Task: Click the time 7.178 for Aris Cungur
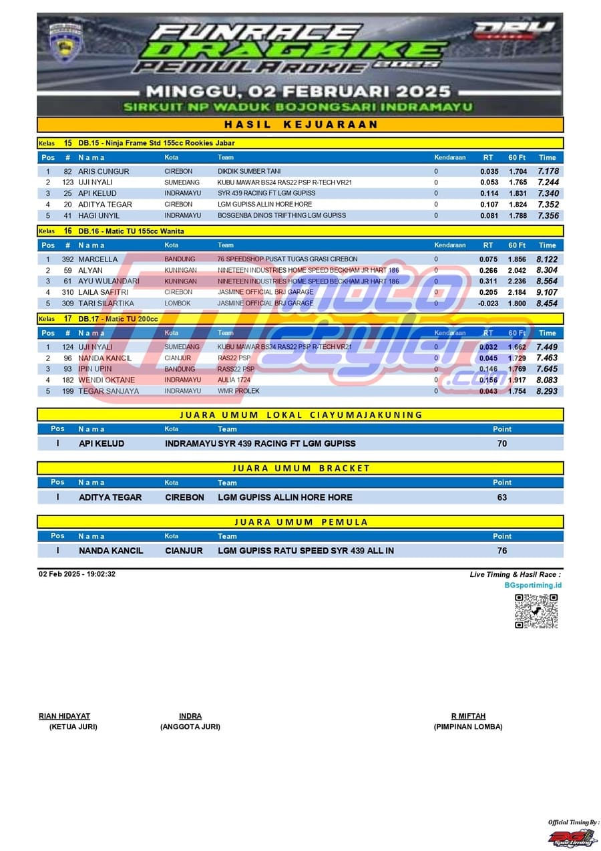[x=548, y=172]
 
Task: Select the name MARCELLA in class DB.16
[x=97, y=259]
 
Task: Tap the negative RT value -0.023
[x=488, y=303]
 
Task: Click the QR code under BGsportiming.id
[x=536, y=611]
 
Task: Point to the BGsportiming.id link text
[x=533, y=586]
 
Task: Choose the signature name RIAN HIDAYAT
[x=64, y=716]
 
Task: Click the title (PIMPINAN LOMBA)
[x=467, y=727]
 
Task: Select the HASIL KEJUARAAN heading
[x=300, y=124]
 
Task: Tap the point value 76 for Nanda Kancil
[x=502, y=551]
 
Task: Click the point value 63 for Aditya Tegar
[x=502, y=497]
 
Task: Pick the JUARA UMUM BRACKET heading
[x=300, y=468]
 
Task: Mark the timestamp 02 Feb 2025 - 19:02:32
[x=77, y=574]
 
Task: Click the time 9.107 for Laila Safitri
[x=547, y=292]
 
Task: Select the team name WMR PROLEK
[x=238, y=391]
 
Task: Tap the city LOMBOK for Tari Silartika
[x=178, y=303]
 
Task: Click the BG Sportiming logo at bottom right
[x=572, y=837]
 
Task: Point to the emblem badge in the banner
[x=65, y=41]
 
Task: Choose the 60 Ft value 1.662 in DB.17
[x=517, y=347]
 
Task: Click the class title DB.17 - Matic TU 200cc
[x=118, y=319]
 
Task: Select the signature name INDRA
[x=190, y=716]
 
